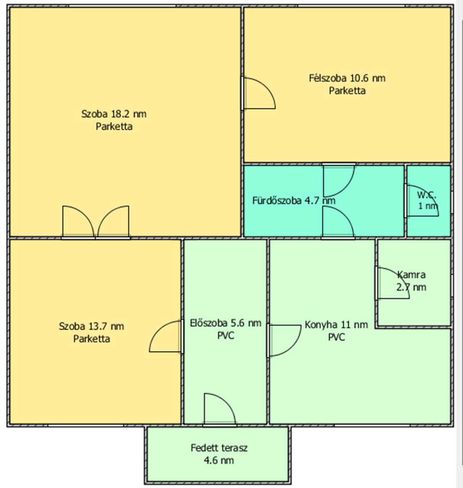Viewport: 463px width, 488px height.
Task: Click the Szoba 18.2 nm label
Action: (x=114, y=114)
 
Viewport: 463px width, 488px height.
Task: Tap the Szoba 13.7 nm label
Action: (x=92, y=326)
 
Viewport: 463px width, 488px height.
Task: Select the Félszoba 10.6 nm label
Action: (x=347, y=78)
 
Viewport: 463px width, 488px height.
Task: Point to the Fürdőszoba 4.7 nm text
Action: (x=294, y=200)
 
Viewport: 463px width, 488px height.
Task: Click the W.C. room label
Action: (x=426, y=196)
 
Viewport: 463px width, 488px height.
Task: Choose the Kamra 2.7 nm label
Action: (x=411, y=281)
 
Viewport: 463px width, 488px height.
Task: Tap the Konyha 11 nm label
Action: (x=336, y=325)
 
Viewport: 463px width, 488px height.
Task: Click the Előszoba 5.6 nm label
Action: (x=226, y=323)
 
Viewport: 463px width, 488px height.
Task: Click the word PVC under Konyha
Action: (x=336, y=337)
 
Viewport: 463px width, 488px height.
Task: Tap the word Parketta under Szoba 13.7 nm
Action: (x=92, y=339)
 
